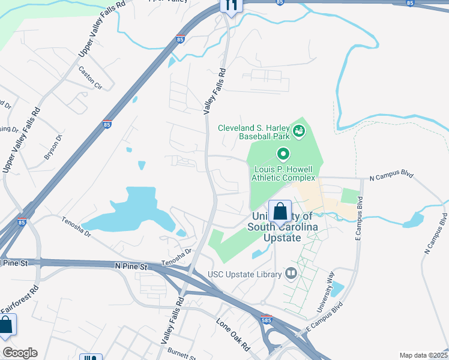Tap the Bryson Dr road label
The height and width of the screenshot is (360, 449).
point(53,147)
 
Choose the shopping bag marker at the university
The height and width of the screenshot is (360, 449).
point(280,212)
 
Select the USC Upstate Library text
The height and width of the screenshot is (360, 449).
point(244,275)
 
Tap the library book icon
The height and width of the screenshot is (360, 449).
point(292,274)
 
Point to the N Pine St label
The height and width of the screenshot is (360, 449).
point(131,265)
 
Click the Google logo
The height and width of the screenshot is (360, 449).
point(19,353)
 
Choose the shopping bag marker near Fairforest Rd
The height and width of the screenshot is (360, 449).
point(6,326)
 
